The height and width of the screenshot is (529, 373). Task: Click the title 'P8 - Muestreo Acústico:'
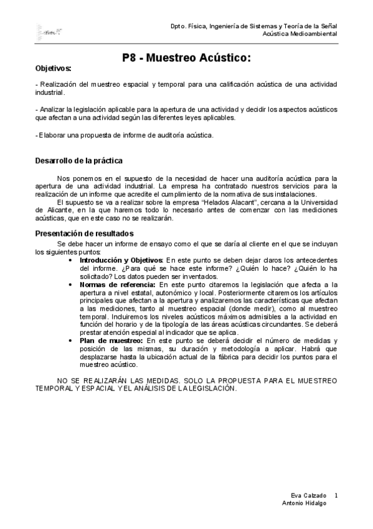[x=186, y=58]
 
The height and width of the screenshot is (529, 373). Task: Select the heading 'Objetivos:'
[x=53, y=68]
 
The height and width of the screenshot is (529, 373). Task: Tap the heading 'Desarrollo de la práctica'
[x=78, y=161]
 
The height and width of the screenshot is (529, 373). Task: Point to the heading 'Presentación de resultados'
[x=83, y=233]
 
